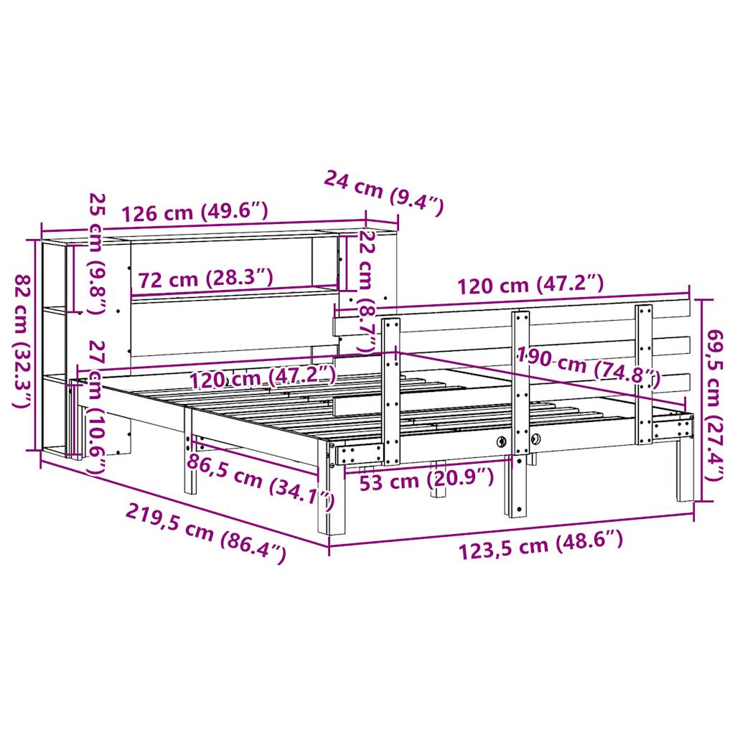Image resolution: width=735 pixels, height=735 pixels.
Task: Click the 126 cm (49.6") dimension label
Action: point(195,213)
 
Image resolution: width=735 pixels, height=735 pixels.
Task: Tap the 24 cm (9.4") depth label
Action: point(384,193)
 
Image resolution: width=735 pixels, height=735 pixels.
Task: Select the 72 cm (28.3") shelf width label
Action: point(205,278)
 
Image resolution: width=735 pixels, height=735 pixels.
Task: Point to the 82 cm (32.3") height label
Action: point(23,341)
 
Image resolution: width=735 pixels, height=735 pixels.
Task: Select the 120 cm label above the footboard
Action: point(531,285)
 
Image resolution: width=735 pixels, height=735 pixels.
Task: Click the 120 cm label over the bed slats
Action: point(262,376)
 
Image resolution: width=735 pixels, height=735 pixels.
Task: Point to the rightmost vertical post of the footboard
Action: point(644,373)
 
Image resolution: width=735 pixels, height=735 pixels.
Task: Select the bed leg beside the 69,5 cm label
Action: point(683,477)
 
